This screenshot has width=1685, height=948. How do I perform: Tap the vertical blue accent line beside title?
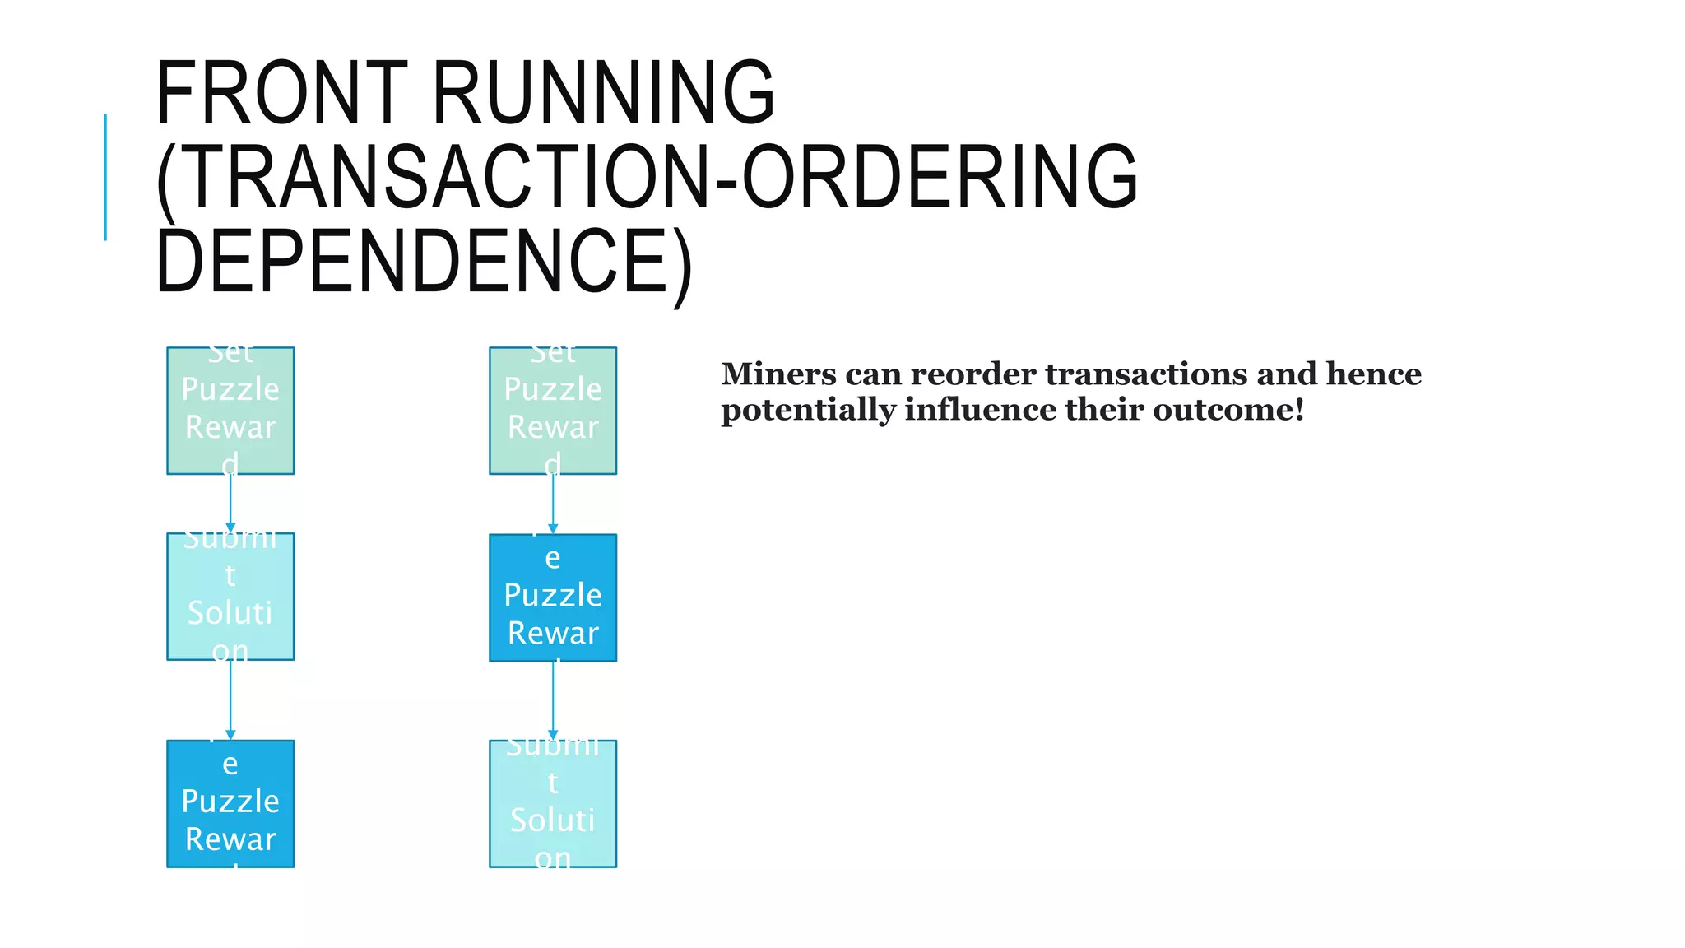coord(105,177)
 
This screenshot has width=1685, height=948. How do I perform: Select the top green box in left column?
coord(230,411)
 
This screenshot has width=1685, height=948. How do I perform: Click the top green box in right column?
coord(553,411)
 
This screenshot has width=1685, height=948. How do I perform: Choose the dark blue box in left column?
coord(230,803)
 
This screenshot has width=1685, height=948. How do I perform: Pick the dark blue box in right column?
coord(553,597)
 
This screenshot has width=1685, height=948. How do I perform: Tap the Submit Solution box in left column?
coord(230,597)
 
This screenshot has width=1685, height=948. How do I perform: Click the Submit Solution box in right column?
coord(553,803)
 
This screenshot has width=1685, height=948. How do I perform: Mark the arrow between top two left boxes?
coord(230,504)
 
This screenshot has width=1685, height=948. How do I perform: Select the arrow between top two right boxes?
coord(553,504)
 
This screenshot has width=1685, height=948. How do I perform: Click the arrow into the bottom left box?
coord(230,699)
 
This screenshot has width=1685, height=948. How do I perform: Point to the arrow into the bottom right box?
coord(553,699)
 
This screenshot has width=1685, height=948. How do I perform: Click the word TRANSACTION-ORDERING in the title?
coord(647,177)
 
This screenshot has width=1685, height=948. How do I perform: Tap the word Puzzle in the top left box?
coord(230,389)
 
